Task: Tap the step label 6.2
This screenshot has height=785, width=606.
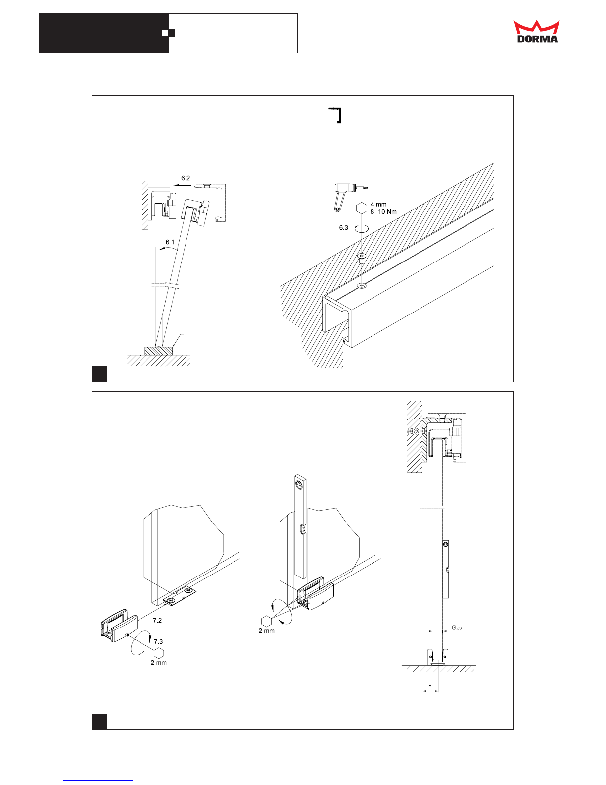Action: tap(186, 178)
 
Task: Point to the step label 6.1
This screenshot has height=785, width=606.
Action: tap(170, 242)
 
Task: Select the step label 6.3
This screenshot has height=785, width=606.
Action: tap(344, 228)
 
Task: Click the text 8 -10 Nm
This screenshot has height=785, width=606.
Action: tap(383, 212)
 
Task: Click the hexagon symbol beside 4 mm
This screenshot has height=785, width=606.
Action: tap(362, 208)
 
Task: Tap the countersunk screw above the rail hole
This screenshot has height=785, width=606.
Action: tap(362, 257)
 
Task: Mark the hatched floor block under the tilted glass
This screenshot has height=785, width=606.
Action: tap(159, 350)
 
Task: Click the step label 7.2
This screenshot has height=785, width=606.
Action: tap(157, 620)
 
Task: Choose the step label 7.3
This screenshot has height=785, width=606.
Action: tap(158, 641)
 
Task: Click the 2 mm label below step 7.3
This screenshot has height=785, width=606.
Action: tap(159, 663)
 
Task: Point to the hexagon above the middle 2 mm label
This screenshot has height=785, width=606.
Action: tap(266, 621)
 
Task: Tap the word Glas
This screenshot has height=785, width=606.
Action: tap(457, 628)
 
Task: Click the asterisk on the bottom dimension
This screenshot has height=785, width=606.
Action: tap(430, 686)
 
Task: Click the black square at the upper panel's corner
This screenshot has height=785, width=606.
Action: tap(99, 374)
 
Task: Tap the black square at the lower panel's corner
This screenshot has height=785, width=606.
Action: tap(99, 721)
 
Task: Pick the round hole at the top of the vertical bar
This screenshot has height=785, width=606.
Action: tap(299, 485)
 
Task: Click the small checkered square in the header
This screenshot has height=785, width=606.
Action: tap(169, 33)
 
